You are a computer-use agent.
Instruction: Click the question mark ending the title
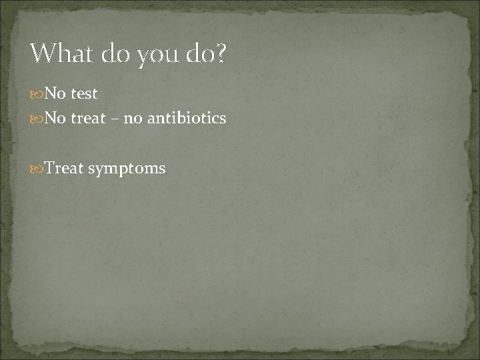(221, 53)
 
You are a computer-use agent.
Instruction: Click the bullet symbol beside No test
(37, 94)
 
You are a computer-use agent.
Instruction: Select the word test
(83, 94)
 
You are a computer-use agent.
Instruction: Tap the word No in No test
(55, 94)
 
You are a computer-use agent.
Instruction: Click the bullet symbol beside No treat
(37, 119)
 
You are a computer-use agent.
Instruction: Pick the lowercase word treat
(88, 119)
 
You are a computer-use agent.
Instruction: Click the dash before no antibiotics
(115, 119)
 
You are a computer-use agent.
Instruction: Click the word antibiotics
(187, 119)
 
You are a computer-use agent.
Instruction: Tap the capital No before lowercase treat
(55, 119)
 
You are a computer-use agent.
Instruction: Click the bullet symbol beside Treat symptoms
(37, 169)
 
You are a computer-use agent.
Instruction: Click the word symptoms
(127, 169)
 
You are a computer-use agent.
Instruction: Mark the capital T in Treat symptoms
(49, 168)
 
